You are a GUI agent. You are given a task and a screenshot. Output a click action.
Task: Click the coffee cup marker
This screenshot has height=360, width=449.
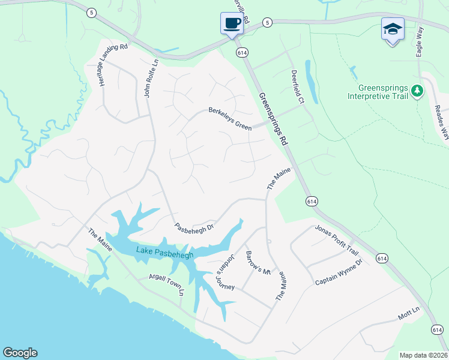(x=232, y=24)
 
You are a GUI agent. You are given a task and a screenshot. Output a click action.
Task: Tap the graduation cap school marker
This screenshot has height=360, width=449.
(x=393, y=29)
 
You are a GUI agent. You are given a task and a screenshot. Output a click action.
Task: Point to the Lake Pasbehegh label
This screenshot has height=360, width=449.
(x=164, y=253)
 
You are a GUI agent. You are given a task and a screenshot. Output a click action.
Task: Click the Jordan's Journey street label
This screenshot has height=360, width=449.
(x=226, y=269)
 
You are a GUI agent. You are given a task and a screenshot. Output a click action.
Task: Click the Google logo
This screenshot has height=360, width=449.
(x=20, y=353)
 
